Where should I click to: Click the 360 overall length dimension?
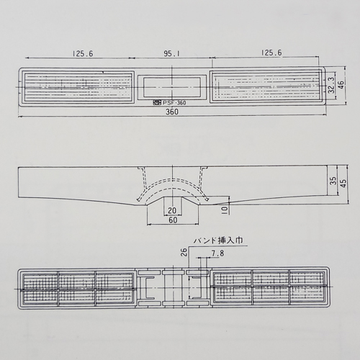[x=172, y=112]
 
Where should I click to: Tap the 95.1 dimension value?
[x=171, y=53]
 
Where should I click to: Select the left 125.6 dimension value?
[x=83, y=53]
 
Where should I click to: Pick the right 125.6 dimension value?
[x=271, y=53]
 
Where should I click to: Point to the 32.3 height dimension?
[x=331, y=85]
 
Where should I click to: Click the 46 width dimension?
[x=341, y=85]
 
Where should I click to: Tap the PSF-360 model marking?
[x=174, y=103]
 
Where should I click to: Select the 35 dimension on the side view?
[x=333, y=181]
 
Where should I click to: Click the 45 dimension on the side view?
[x=343, y=184]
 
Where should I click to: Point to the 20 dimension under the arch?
[x=172, y=210]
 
